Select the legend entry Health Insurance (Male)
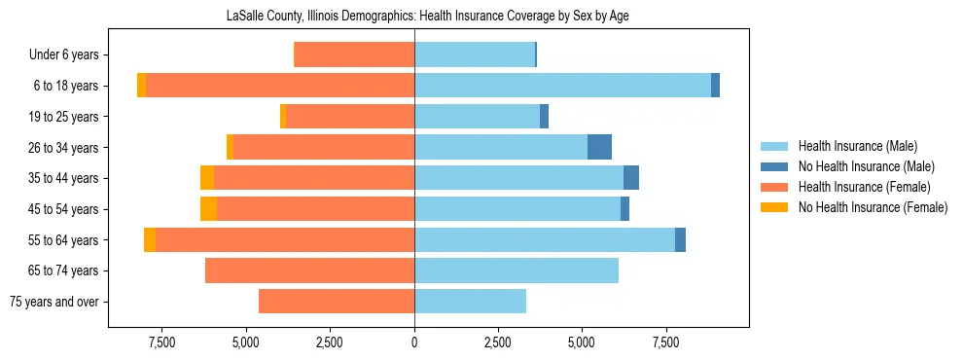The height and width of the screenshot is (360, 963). point(857,146)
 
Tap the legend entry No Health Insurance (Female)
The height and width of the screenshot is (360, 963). point(873,207)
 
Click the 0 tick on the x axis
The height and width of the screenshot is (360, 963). point(414,342)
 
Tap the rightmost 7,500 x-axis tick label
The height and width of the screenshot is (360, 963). point(666,342)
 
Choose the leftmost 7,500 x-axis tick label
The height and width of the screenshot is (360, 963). point(161,342)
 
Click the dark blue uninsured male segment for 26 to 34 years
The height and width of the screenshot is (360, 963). point(599,147)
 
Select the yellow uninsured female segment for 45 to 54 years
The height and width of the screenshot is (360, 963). point(208,209)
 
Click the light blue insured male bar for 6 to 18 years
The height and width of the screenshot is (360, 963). point(562,86)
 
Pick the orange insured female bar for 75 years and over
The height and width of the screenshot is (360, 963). point(337,302)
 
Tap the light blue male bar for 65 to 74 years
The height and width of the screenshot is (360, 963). point(517,270)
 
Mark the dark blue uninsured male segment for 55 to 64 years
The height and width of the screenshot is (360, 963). point(680,239)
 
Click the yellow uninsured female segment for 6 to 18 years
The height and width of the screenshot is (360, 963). point(142,86)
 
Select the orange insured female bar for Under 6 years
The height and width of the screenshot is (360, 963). point(354,55)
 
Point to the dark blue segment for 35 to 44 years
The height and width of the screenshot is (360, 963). point(631,178)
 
